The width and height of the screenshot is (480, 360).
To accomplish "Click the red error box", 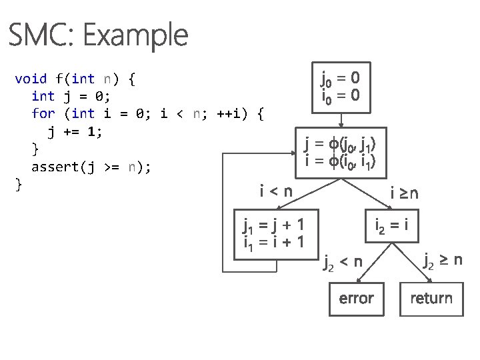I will click(356, 298).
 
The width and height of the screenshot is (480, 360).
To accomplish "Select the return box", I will click(431, 298).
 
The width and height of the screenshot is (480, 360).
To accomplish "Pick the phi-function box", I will click(340, 152).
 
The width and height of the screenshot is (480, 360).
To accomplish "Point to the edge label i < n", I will click(275, 192).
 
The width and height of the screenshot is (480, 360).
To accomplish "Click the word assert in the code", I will click(55, 167).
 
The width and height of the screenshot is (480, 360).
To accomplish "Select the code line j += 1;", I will click(75, 131).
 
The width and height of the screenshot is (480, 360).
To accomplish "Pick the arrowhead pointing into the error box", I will click(356, 280).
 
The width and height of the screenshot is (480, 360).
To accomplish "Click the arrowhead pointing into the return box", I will click(431, 280).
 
